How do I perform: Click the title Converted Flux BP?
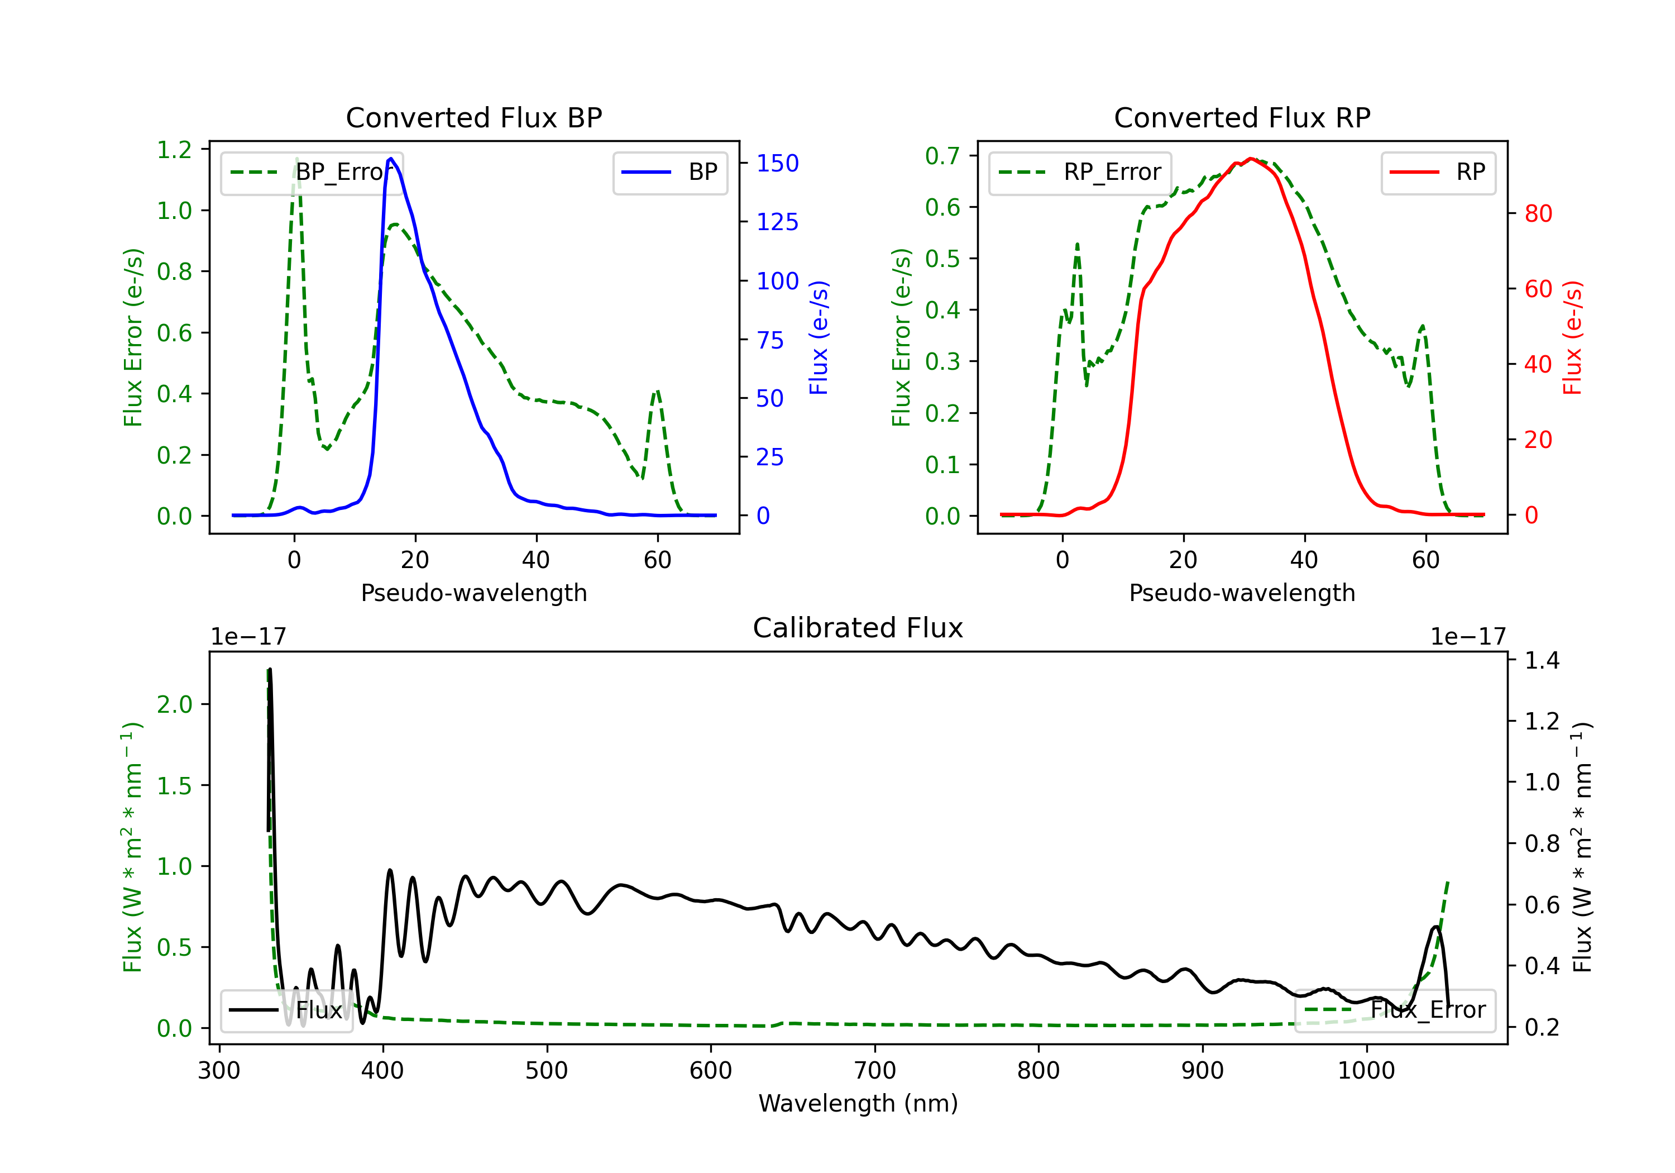coord(474,117)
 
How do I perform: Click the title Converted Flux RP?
coord(1242,117)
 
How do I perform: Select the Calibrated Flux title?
coord(858,628)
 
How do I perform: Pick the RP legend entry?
coord(1438,172)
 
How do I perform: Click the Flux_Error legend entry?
coord(1395,1010)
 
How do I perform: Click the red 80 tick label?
coord(1539,214)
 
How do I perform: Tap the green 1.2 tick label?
coord(174,150)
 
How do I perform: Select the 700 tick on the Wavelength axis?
coord(875,1071)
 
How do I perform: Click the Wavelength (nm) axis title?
coord(858,1103)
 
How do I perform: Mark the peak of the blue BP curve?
coord(391,159)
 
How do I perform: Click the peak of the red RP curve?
coord(1251,159)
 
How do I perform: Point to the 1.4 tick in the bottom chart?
coord(1542,661)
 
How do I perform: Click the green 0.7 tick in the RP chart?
coord(942,155)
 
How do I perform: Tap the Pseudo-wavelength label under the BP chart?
coord(474,593)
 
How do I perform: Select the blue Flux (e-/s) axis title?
coord(819,338)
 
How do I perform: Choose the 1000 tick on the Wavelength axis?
coord(1366,1071)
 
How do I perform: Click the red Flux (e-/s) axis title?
coord(1572,338)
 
